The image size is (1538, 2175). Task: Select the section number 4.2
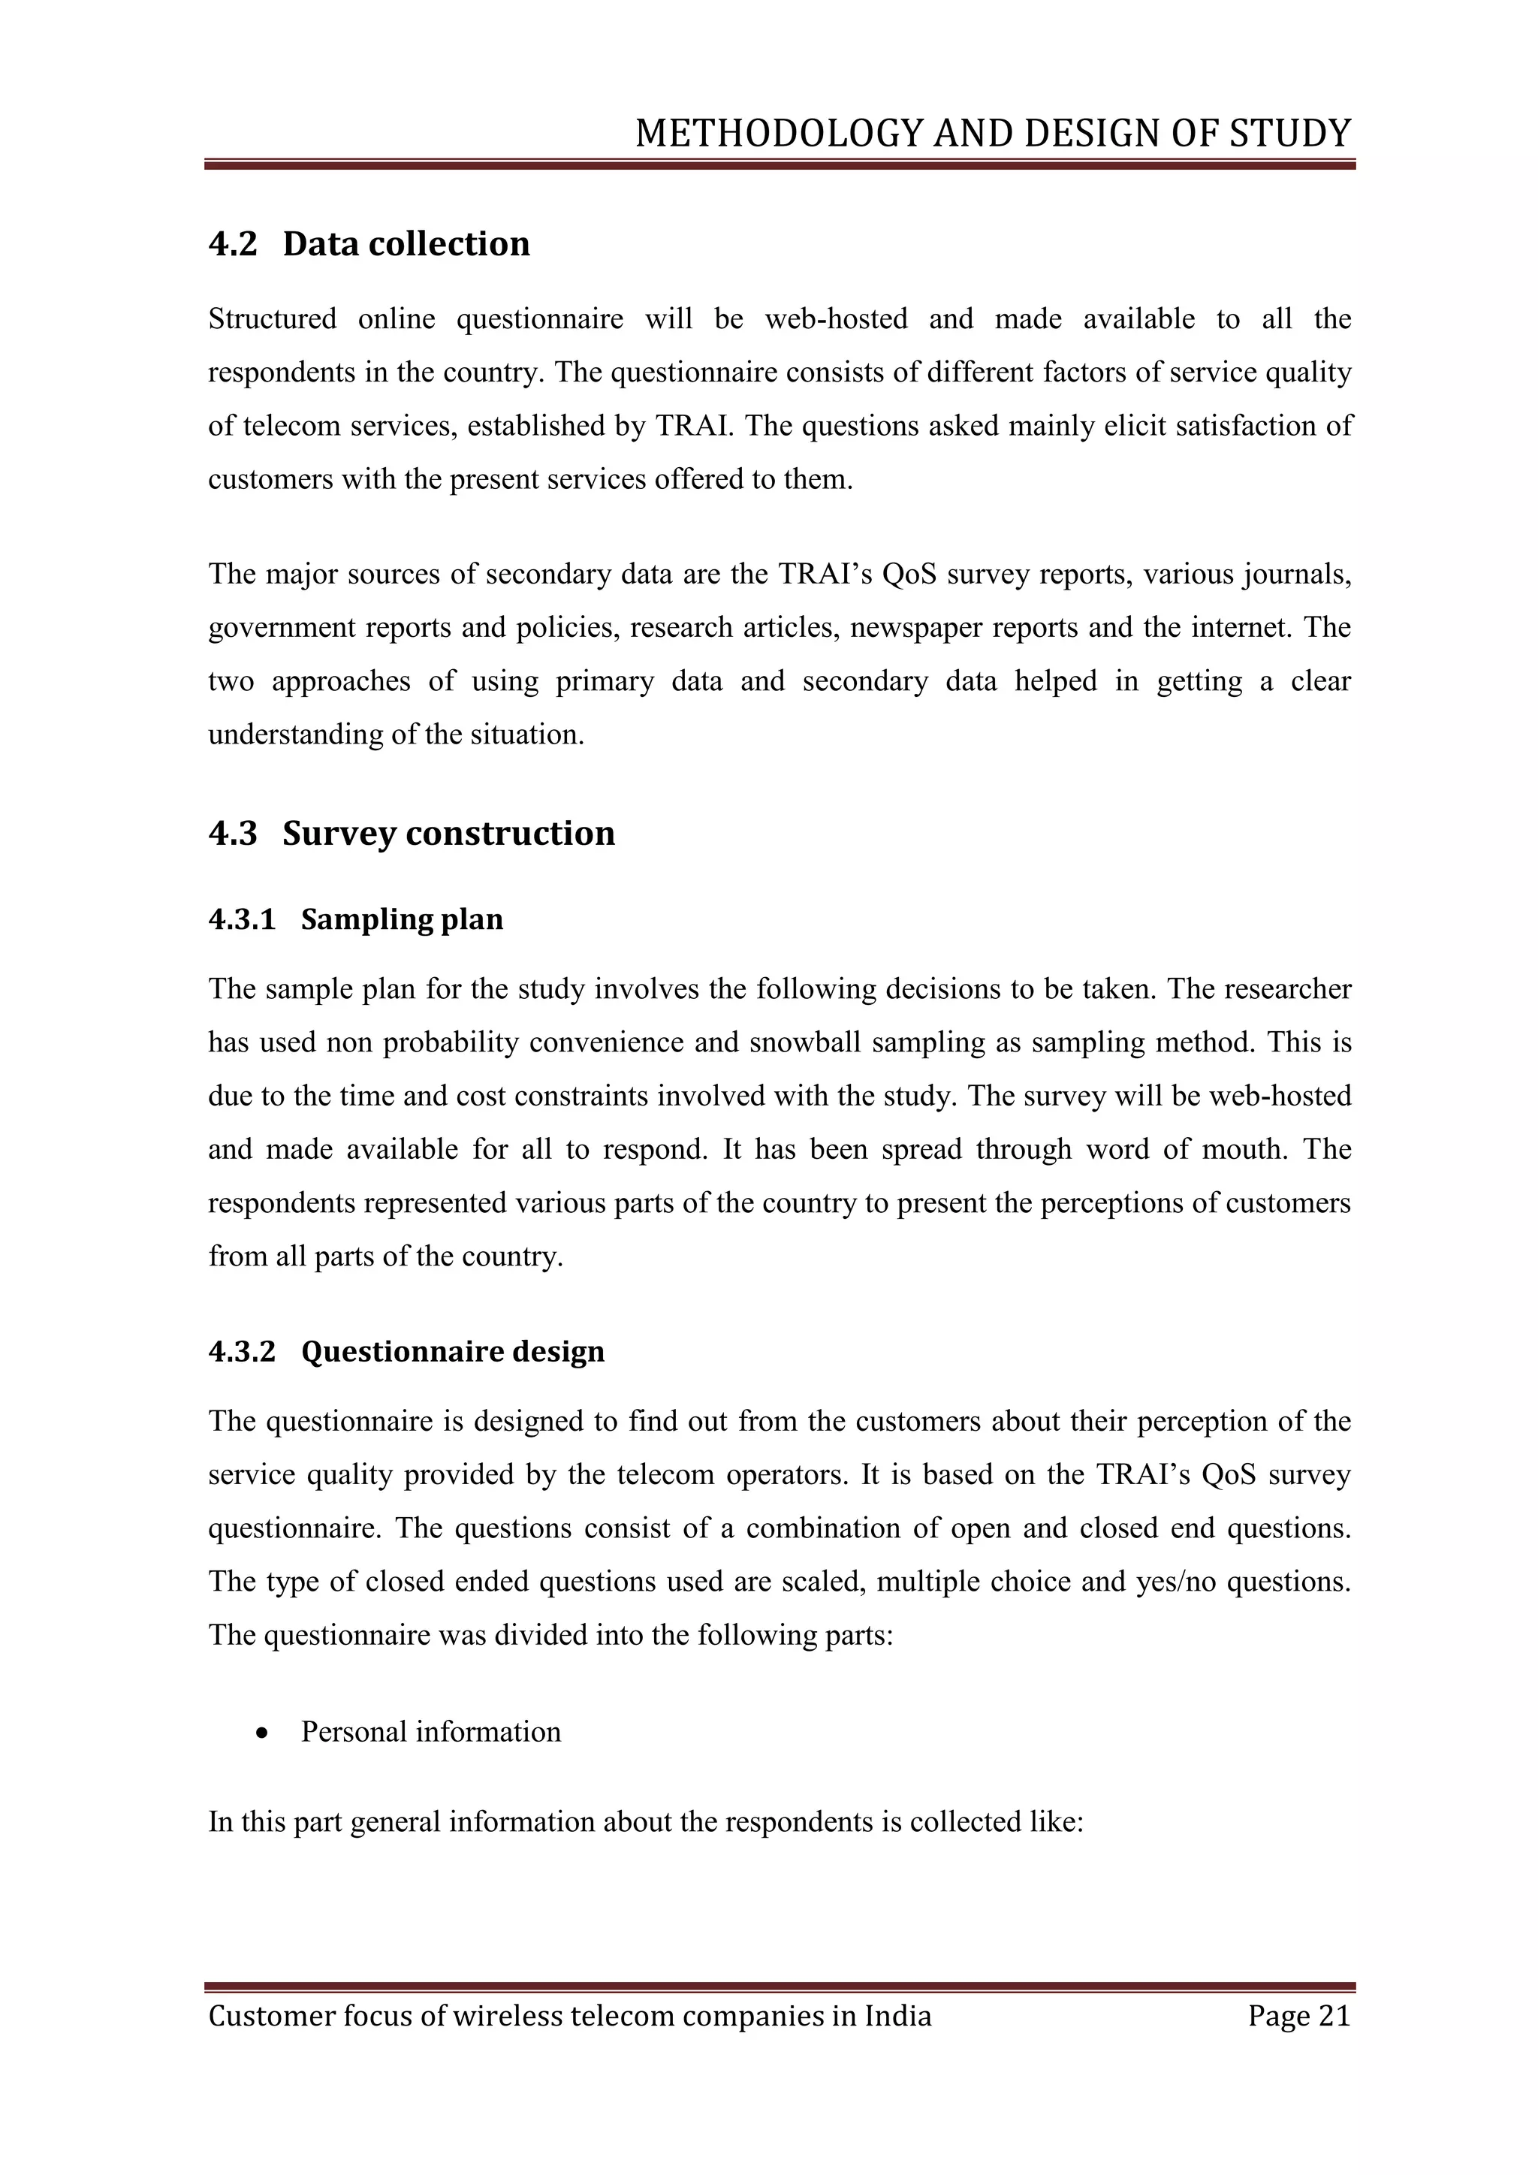pyautogui.click(x=233, y=244)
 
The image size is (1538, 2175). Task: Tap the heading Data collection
pyautogui.click(x=406, y=244)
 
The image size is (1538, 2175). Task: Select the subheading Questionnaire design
pyautogui.click(x=453, y=1351)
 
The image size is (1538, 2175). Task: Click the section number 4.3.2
pyautogui.click(x=242, y=1351)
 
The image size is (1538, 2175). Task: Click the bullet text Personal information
pyautogui.click(x=431, y=1732)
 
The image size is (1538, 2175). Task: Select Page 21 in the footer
pyautogui.click(x=1298, y=2016)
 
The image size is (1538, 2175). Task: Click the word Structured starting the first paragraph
pyautogui.click(x=272, y=319)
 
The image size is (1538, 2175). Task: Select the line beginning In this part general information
pyautogui.click(x=645, y=1823)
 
